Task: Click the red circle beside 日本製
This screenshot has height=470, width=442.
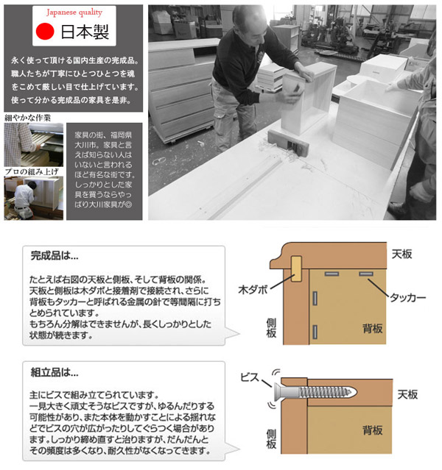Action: point(46,32)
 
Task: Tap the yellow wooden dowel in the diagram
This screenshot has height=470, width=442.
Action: point(295,269)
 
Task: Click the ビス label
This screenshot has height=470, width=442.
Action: point(250,377)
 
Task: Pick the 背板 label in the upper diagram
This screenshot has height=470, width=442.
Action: point(372,327)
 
